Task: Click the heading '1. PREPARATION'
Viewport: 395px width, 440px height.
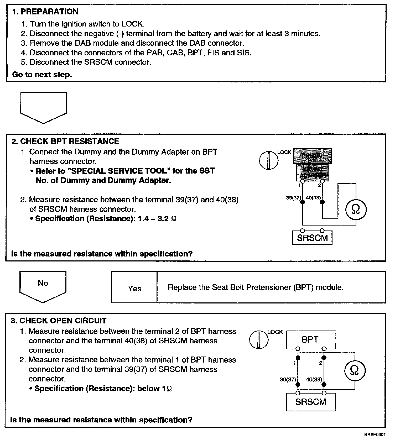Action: coord(45,12)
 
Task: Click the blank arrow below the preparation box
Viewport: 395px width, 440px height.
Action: coord(44,106)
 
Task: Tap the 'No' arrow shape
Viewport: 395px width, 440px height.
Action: coord(43,286)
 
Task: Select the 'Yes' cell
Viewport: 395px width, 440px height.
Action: coord(134,289)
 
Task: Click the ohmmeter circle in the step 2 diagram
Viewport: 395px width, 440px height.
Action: coord(355,209)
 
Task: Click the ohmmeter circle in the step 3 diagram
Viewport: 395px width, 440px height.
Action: coord(354,370)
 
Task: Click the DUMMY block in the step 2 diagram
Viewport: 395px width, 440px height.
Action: coord(312,156)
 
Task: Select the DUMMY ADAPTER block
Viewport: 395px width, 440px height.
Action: coord(312,172)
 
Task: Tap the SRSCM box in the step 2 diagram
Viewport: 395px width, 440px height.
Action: coord(312,238)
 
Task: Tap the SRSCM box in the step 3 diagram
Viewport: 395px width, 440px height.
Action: coord(311,402)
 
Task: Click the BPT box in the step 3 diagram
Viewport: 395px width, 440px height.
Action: coord(311,340)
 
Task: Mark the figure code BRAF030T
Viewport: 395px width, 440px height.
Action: coord(375,434)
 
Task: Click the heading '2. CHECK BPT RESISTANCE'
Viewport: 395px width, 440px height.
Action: coord(65,141)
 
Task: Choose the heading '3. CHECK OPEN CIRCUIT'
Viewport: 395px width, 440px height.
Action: coord(59,321)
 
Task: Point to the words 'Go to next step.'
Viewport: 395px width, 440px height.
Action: coord(42,75)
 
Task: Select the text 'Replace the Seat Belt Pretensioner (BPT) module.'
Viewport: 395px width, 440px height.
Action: coord(255,287)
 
